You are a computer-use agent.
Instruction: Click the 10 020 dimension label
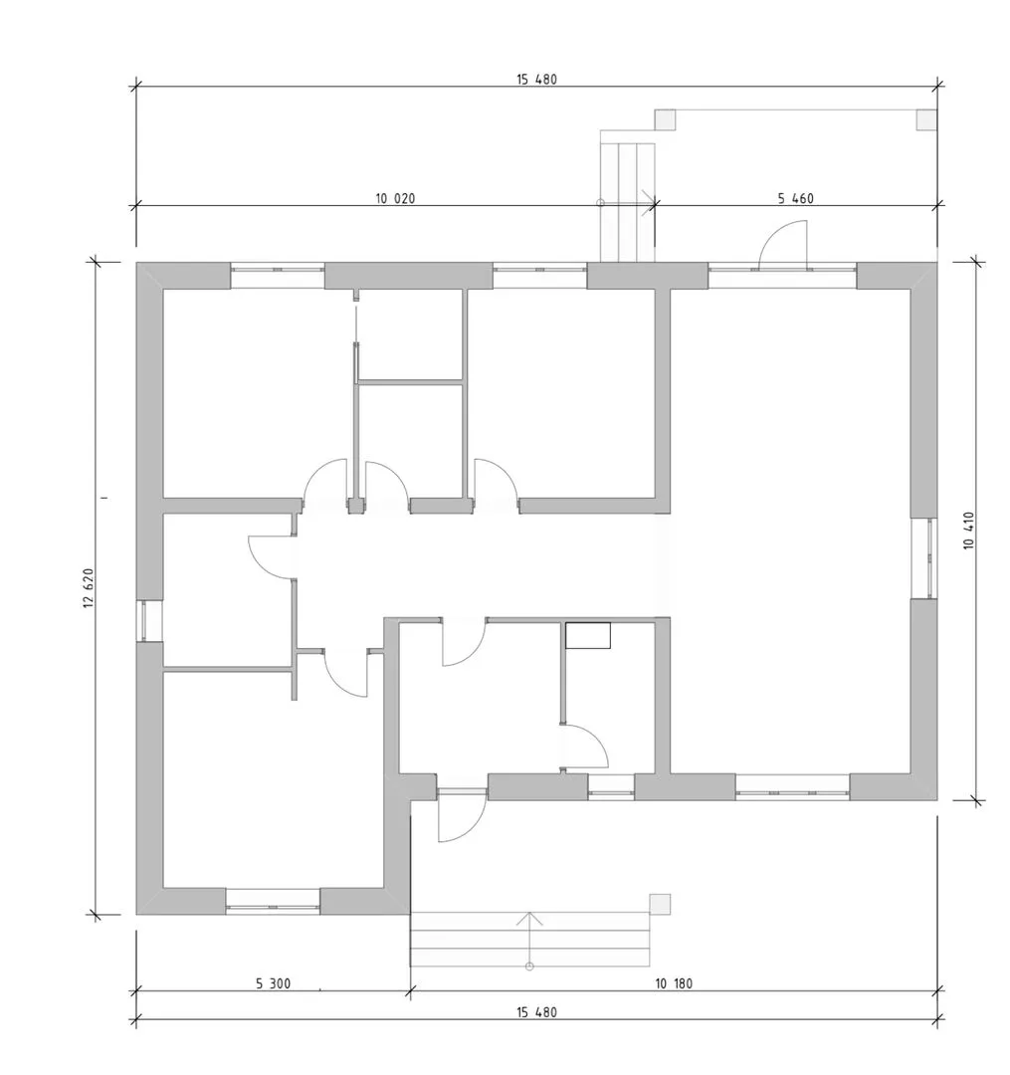395,199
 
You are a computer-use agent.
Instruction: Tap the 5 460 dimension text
795,199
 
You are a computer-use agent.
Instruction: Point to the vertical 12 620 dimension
89,588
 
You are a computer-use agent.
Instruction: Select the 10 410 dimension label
968,531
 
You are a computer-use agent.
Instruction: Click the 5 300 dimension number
274,983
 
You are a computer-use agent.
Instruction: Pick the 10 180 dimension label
674,983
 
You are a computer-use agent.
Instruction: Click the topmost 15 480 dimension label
536,80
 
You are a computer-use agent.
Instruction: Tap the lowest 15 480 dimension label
536,1012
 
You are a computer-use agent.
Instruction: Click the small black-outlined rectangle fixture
588,635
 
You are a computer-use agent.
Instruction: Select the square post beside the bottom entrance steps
660,904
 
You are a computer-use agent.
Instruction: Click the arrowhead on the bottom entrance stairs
529,919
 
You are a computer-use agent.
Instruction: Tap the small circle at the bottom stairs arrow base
529,967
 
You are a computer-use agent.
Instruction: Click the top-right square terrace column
926,120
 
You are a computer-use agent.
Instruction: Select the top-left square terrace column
665,120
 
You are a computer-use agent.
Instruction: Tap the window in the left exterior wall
149,621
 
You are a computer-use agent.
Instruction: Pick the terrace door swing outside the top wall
782,245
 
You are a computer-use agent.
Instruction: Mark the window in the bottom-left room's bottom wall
273,902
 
